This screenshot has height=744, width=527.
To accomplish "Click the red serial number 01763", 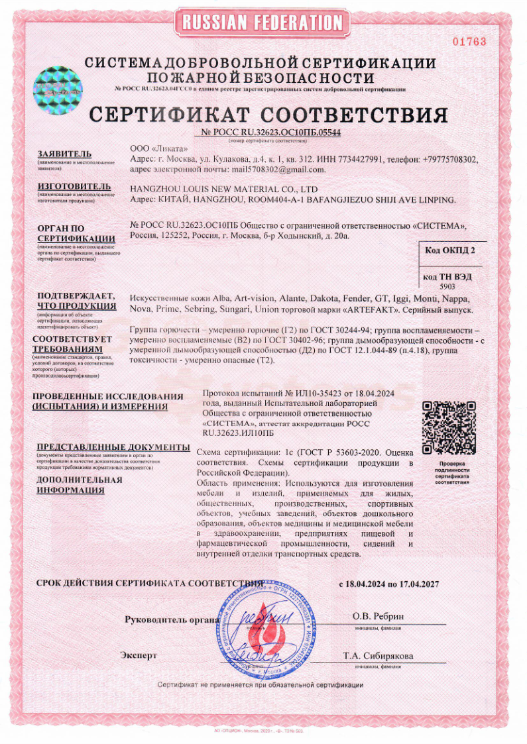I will coord(469,42).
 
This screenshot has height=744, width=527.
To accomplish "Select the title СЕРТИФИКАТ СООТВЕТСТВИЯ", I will coord(268,115).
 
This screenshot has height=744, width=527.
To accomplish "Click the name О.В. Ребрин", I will coord(378,616).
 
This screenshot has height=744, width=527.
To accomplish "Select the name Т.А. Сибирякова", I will coord(378,656).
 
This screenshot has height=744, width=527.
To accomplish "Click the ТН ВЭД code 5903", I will coord(448,287).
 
